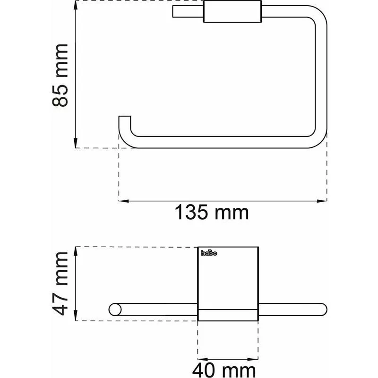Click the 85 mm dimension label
coord(60,75)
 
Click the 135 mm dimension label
coord(211,212)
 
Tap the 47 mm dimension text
coord(60,284)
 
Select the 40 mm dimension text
coord(224,370)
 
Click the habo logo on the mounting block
coord(209,253)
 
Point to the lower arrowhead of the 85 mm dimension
coord(76,143)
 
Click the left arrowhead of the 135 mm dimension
coord(124,200)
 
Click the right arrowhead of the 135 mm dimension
coord(322,200)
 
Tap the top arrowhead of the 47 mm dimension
coord(76,252)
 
